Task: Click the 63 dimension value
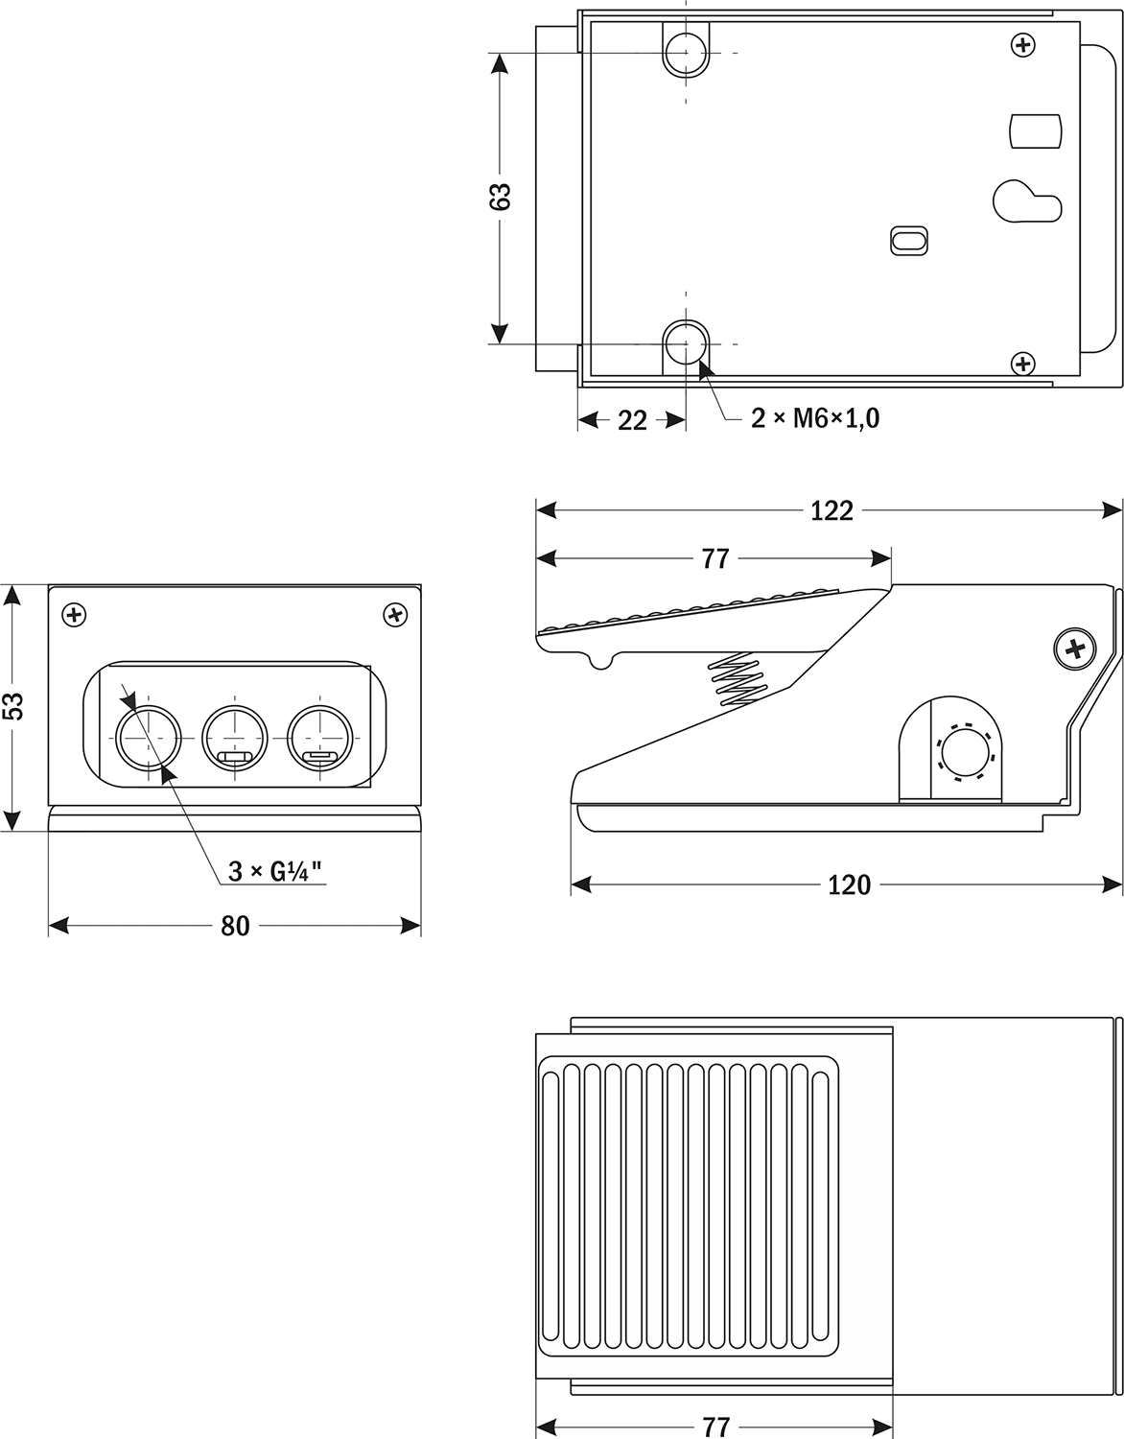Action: pyautogui.click(x=500, y=196)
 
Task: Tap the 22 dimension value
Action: pyautogui.click(x=632, y=419)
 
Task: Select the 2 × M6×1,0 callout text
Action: pyautogui.click(x=814, y=418)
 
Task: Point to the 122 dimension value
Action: pyautogui.click(x=831, y=510)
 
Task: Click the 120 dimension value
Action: pyautogui.click(x=849, y=884)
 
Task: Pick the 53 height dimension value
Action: pyautogui.click(x=12, y=706)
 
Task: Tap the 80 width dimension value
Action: pyautogui.click(x=235, y=926)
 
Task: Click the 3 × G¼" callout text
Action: pyautogui.click(x=274, y=871)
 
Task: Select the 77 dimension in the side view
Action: pyautogui.click(x=714, y=558)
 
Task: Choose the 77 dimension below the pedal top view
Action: pyautogui.click(x=714, y=1427)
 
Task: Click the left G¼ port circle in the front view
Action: pyautogui.click(x=149, y=738)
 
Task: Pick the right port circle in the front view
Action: pyautogui.click(x=320, y=738)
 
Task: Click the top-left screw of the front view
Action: pyautogui.click(x=74, y=614)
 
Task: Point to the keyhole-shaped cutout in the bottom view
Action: pyautogui.click(x=1024, y=201)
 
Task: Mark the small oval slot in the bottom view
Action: pyautogui.click(x=909, y=240)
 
